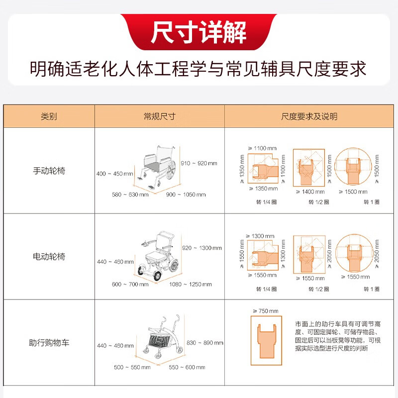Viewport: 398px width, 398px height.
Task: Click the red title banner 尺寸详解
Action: (199, 32)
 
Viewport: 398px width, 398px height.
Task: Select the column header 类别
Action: (49, 116)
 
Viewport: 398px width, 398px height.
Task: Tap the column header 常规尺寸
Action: (159, 116)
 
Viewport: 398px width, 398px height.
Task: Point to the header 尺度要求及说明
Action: (309, 116)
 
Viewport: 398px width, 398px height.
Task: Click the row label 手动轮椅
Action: (49, 171)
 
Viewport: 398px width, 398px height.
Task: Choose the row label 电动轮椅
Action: (49, 256)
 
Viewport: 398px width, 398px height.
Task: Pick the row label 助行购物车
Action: (49, 343)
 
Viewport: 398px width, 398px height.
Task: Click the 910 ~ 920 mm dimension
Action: (199, 163)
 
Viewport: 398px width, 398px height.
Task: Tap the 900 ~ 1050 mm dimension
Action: (186, 195)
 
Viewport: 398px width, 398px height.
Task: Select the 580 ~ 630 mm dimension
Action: (130, 195)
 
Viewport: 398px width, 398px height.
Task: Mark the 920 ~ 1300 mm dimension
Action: (202, 248)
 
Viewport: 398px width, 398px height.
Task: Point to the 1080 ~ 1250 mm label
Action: (191, 284)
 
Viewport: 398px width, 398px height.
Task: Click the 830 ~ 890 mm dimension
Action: (205, 343)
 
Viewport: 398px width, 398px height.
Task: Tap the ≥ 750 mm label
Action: (266, 311)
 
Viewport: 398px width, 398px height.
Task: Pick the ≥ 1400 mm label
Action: (310, 192)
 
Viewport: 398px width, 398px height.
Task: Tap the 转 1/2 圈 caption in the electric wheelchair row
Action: (319, 289)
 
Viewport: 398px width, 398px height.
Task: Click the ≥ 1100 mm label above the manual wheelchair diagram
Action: (262, 148)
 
